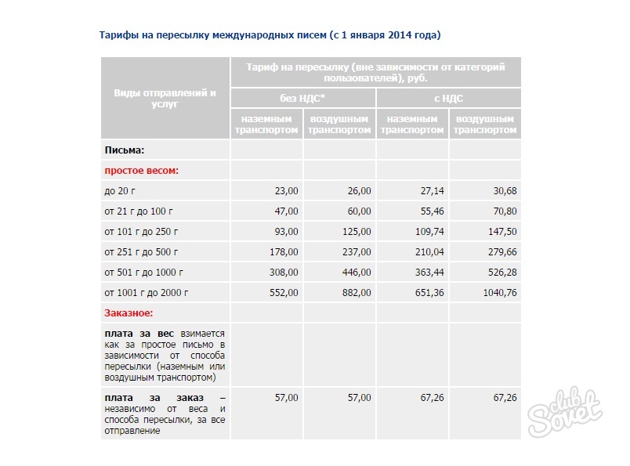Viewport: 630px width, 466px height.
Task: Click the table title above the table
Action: coord(270,35)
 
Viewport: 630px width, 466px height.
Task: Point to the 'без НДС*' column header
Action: coord(302,98)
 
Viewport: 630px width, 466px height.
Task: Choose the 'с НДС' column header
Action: coord(448,98)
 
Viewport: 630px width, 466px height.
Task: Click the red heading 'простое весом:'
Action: coord(142,170)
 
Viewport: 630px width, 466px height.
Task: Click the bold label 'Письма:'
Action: coord(125,150)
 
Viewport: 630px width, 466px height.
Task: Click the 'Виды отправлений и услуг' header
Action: coord(165,98)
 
